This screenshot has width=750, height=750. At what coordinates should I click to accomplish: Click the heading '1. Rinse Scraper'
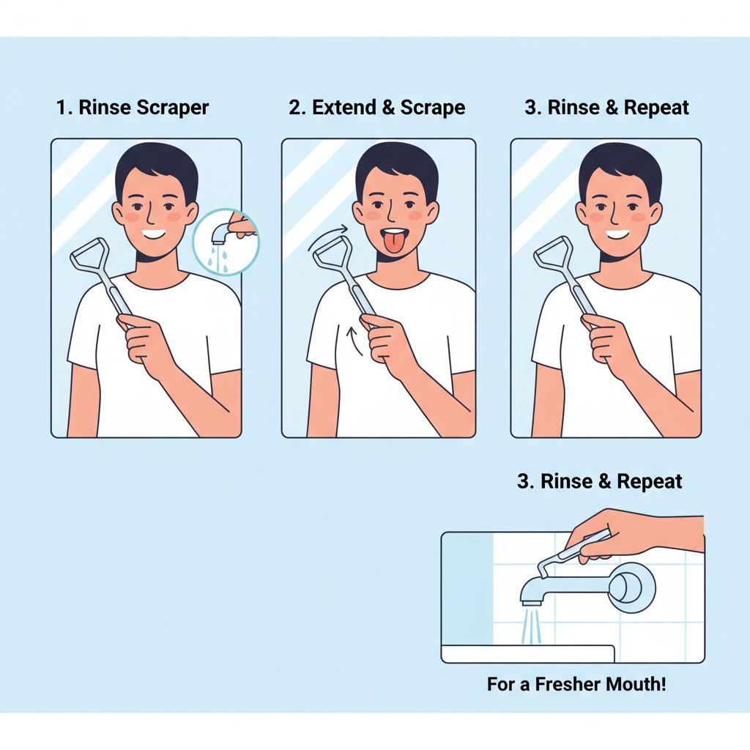[133, 107]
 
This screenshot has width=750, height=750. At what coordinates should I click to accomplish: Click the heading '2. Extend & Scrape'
[376, 107]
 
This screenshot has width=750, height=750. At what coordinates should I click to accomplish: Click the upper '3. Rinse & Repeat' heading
[606, 108]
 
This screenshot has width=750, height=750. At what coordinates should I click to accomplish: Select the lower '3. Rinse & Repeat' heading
[599, 481]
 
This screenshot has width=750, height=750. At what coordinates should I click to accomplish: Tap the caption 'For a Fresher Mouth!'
[576, 684]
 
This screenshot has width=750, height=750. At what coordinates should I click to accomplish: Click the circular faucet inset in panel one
[225, 242]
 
